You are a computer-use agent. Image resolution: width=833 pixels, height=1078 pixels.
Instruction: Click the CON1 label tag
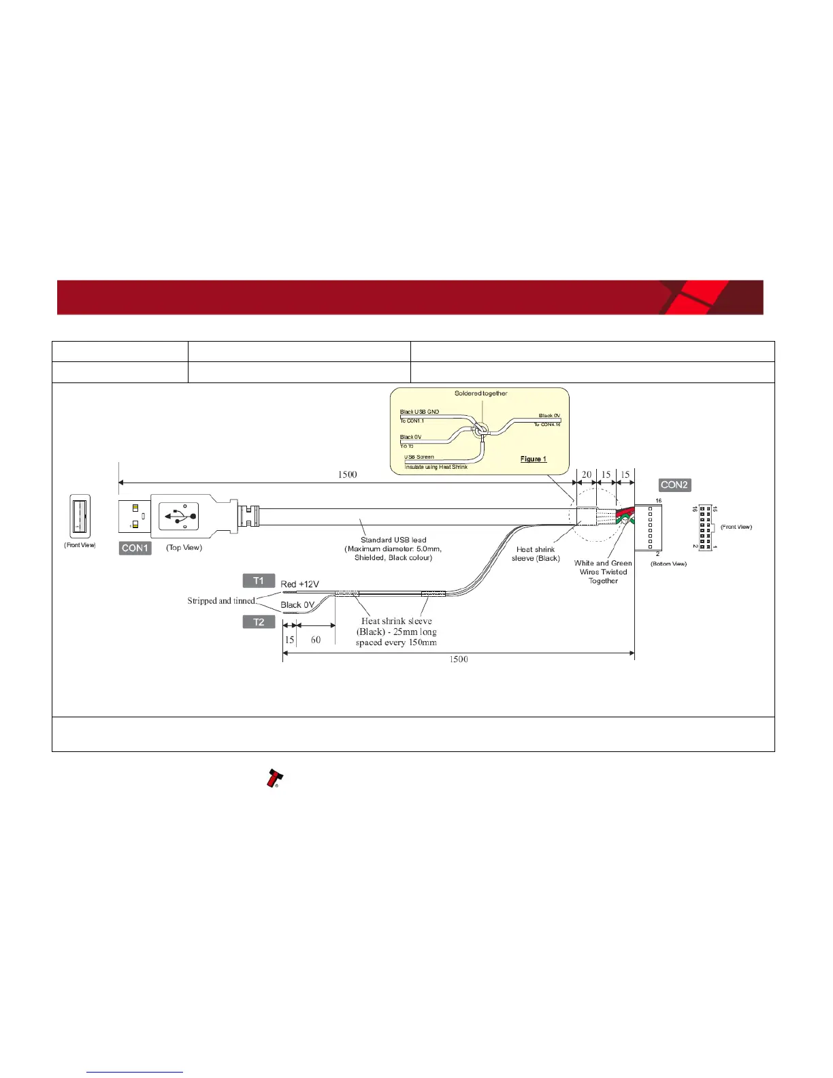pos(135,548)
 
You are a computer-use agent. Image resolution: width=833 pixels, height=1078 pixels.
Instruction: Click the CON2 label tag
pos(674,485)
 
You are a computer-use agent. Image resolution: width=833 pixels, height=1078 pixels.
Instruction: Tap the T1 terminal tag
pos(259,581)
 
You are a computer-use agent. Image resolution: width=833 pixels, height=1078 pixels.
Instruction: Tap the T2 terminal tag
pos(259,621)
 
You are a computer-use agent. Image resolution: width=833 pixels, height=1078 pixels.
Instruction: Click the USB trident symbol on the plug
pos(178,517)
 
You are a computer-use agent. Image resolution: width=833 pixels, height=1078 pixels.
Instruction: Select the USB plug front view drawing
pos(80,517)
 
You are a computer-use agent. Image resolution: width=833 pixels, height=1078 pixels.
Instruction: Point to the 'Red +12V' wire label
pos(299,584)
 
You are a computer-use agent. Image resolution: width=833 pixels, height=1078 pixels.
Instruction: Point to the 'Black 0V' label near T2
pos(297,605)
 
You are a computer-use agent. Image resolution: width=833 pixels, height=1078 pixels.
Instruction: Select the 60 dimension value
pos(316,640)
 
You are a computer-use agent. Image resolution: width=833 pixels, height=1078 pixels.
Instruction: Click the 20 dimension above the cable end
pos(587,475)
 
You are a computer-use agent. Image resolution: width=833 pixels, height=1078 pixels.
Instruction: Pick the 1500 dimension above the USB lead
pos(347,474)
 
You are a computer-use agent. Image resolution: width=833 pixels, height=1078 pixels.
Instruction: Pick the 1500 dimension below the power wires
pos(459,659)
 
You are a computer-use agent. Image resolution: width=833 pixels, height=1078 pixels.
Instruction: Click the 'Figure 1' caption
pos(534,459)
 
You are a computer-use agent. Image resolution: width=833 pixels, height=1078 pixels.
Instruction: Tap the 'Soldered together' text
pos(481,393)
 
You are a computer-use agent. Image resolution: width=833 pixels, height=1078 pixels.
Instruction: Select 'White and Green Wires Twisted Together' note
pos(603,572)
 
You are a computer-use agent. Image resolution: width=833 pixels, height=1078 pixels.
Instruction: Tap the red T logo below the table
pos(274,779)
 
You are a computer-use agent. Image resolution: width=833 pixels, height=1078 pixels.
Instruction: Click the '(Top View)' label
pos(184,548)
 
